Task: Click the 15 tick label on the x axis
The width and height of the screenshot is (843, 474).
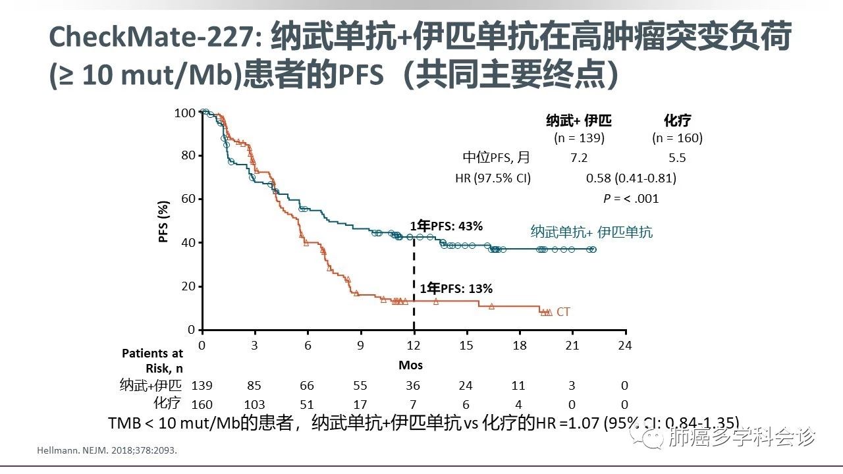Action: pos(466,346)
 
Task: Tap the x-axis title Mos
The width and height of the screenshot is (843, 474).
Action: pos(410,365)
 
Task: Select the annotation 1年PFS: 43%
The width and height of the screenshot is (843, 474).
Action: pos(447,226)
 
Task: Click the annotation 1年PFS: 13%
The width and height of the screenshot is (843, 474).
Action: pos(456,288)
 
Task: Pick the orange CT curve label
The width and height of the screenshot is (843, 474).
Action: pos(563,312)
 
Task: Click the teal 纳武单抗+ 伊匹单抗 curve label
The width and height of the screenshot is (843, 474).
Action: pos(591,232)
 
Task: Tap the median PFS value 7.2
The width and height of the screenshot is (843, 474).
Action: pos(579,158)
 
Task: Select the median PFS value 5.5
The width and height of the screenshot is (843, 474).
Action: pos(677,158)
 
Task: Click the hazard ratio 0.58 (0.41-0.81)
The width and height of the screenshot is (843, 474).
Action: pos(631,178)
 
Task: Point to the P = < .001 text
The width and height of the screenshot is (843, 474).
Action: pos(631,198)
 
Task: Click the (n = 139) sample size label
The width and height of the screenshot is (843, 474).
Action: pos(579,138)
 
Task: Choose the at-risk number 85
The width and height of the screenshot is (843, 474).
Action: pos(254,386)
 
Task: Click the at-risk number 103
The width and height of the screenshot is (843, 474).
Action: pos(254,404)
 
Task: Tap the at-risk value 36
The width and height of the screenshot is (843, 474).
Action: pos(413,386)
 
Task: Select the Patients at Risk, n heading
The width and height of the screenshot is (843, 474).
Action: pos(152,361)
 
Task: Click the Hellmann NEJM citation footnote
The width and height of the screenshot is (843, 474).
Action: pos(105,452)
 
